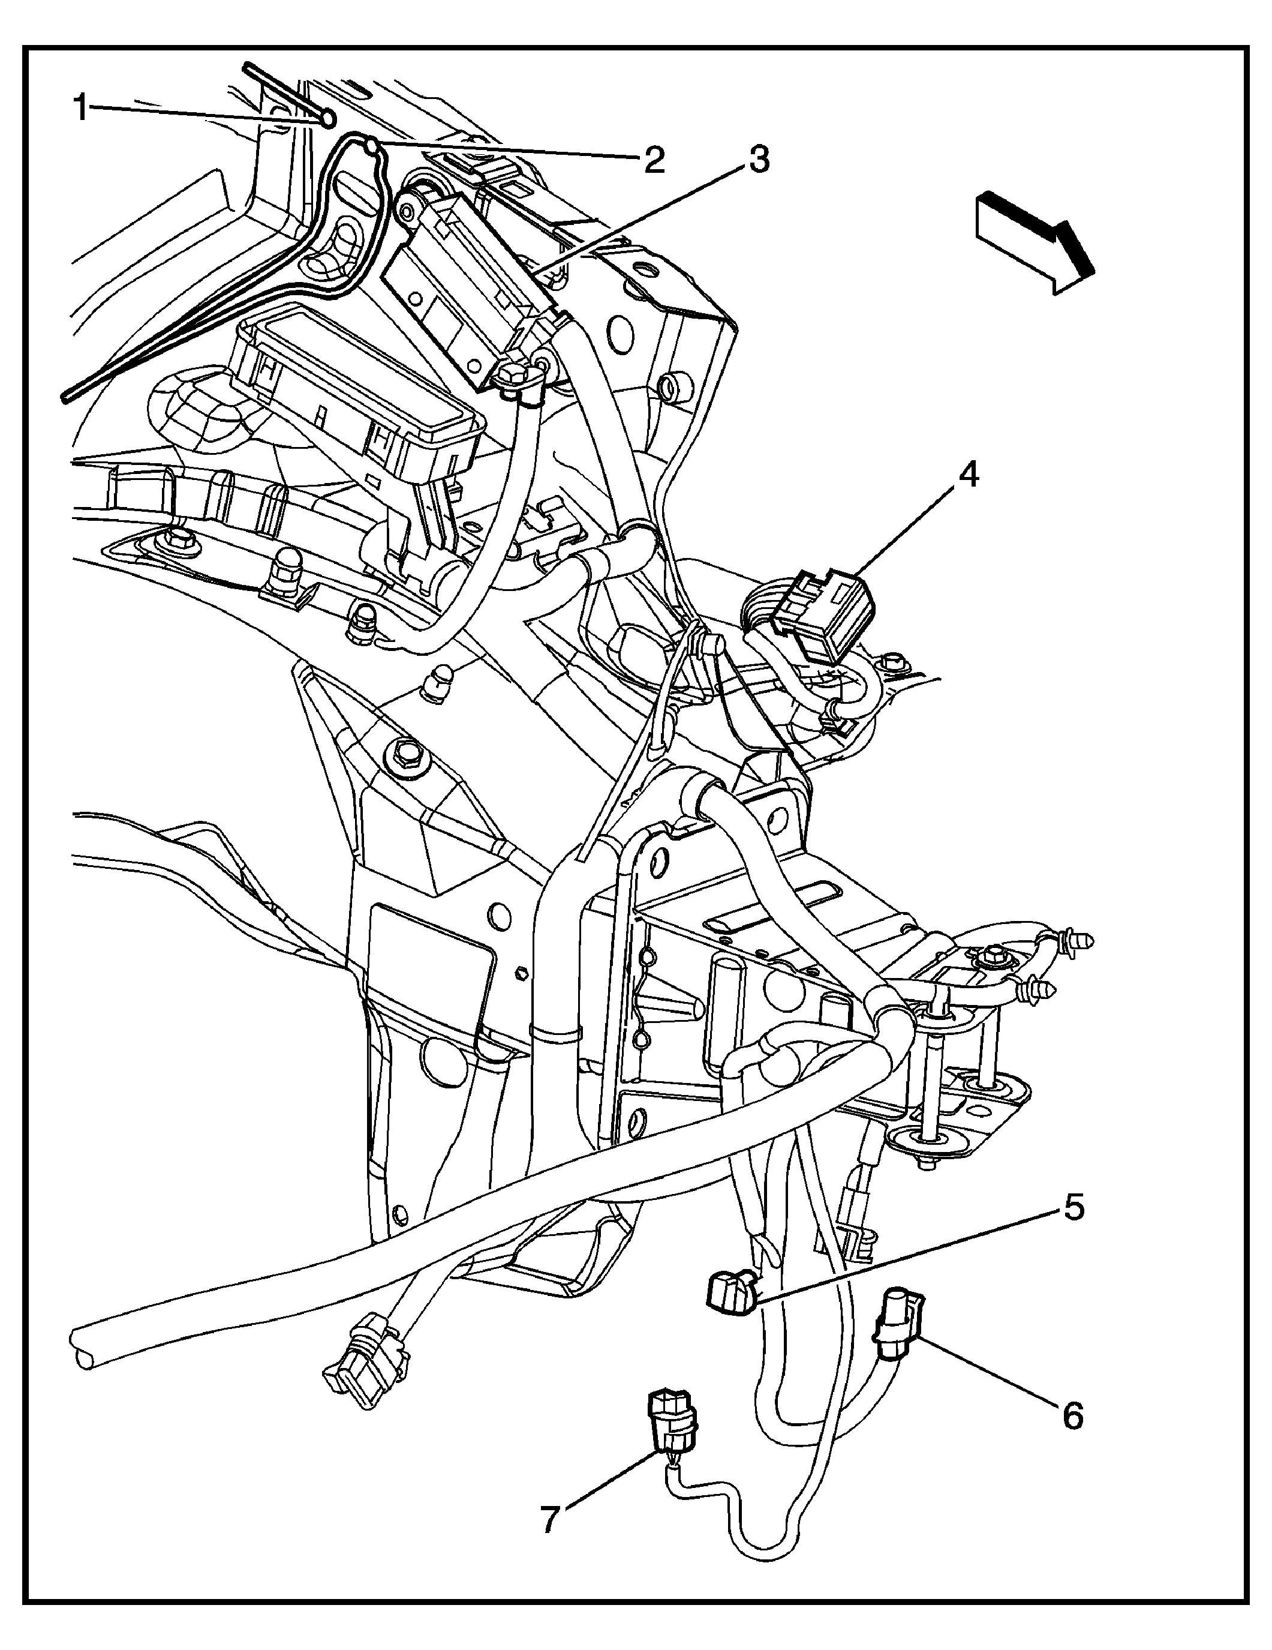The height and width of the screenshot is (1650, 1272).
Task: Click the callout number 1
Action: click(81, 109)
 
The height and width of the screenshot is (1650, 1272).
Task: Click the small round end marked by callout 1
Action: click(328, 118)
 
